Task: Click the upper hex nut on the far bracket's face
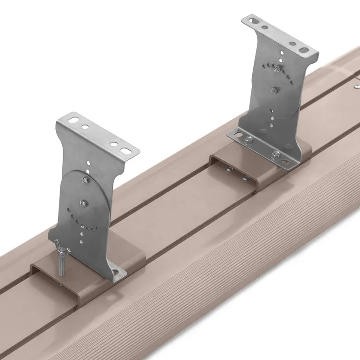(277, 69)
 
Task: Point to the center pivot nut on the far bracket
(275, 90)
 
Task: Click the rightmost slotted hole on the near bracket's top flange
(126, 150)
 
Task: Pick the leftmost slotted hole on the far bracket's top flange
(251, 21)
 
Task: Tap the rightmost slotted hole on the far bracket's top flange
(303, 49)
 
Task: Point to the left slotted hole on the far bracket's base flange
(237, 135)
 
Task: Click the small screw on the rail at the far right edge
(356, 85)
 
